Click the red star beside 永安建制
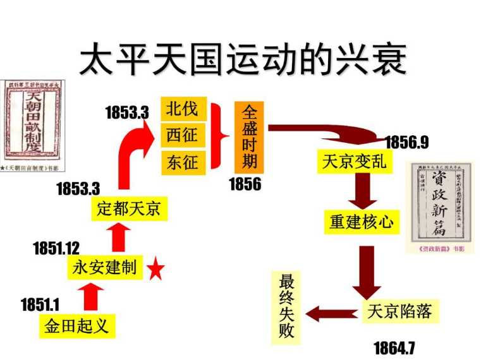[x=155, y=270]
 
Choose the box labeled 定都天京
[x=129, y=208]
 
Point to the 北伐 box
[x=182, y=109]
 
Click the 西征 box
[x=182, y=135]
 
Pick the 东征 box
[x=182, y=162]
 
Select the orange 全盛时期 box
[x=250, y=136]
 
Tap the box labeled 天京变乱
[x=353, y=162]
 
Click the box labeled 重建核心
[x=362, y=222]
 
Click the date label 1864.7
[x=394, y=347]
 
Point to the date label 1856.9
[x=406, y=142]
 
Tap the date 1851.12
[x=57, y=248]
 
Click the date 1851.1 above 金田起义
[x=40, y=304]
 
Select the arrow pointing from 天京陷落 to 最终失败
[x=332, y=312]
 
